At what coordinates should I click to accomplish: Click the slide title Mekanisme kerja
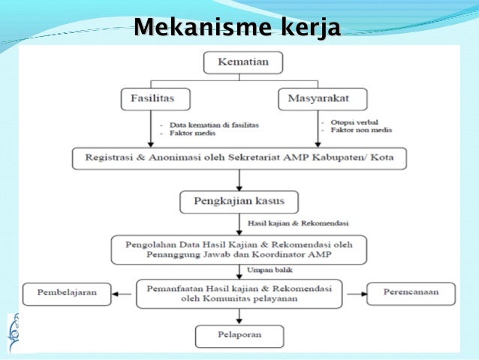(x=236, y=29)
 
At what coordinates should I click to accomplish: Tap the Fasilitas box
(x=155, y=98)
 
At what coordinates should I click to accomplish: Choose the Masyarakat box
(x=323, y=98)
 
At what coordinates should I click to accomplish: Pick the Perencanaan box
(x=411, y=293)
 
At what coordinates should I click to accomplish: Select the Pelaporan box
(x=239, y=336)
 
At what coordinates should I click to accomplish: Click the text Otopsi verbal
(x=351, y=122)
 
